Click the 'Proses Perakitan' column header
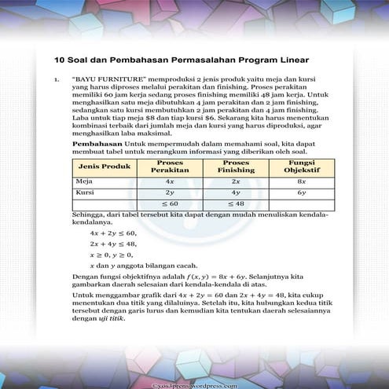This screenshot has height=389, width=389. (170, 167)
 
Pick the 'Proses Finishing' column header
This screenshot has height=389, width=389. (236, 167)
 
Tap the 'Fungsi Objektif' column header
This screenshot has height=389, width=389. (302, 167)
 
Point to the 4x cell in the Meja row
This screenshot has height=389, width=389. (170, 181)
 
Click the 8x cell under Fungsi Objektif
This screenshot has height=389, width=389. (302, 181)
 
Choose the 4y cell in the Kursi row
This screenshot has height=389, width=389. (236, 192)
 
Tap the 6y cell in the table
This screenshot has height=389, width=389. (302, 192)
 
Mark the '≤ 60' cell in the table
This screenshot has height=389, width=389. (170, 204)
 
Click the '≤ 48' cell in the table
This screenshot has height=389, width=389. (236, 204)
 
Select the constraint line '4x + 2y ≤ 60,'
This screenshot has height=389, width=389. (113, 233)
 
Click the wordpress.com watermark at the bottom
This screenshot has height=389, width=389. (195, 384)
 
